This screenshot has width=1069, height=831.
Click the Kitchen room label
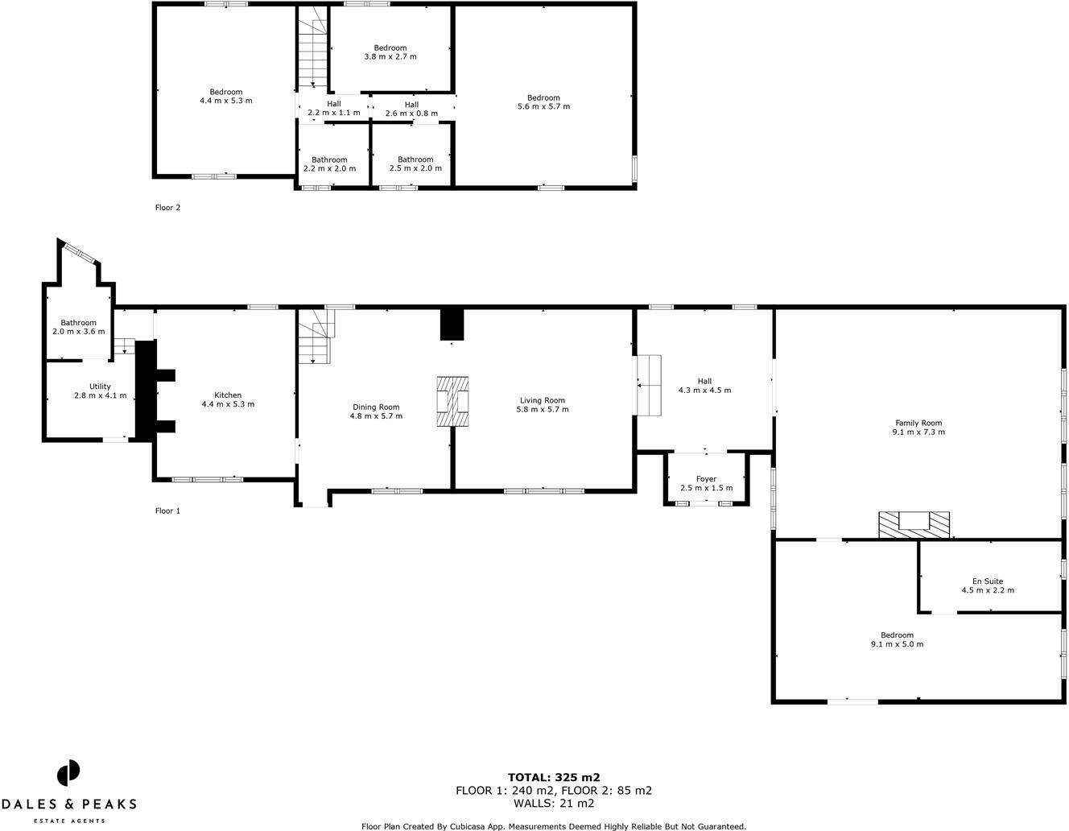228,395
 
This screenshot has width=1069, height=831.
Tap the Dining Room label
376,407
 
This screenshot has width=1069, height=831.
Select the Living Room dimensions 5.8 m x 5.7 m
543,410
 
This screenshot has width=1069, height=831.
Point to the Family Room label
918,423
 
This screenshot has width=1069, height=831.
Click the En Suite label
988,581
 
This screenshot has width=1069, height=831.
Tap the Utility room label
100,387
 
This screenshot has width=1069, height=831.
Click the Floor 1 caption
167,511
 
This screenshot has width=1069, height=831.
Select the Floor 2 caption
167,208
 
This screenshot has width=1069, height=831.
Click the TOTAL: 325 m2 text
554,777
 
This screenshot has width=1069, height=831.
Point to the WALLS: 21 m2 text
554,803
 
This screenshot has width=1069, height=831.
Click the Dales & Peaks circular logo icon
68,773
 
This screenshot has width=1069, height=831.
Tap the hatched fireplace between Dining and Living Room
452,401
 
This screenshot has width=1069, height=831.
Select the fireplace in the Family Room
914,524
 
